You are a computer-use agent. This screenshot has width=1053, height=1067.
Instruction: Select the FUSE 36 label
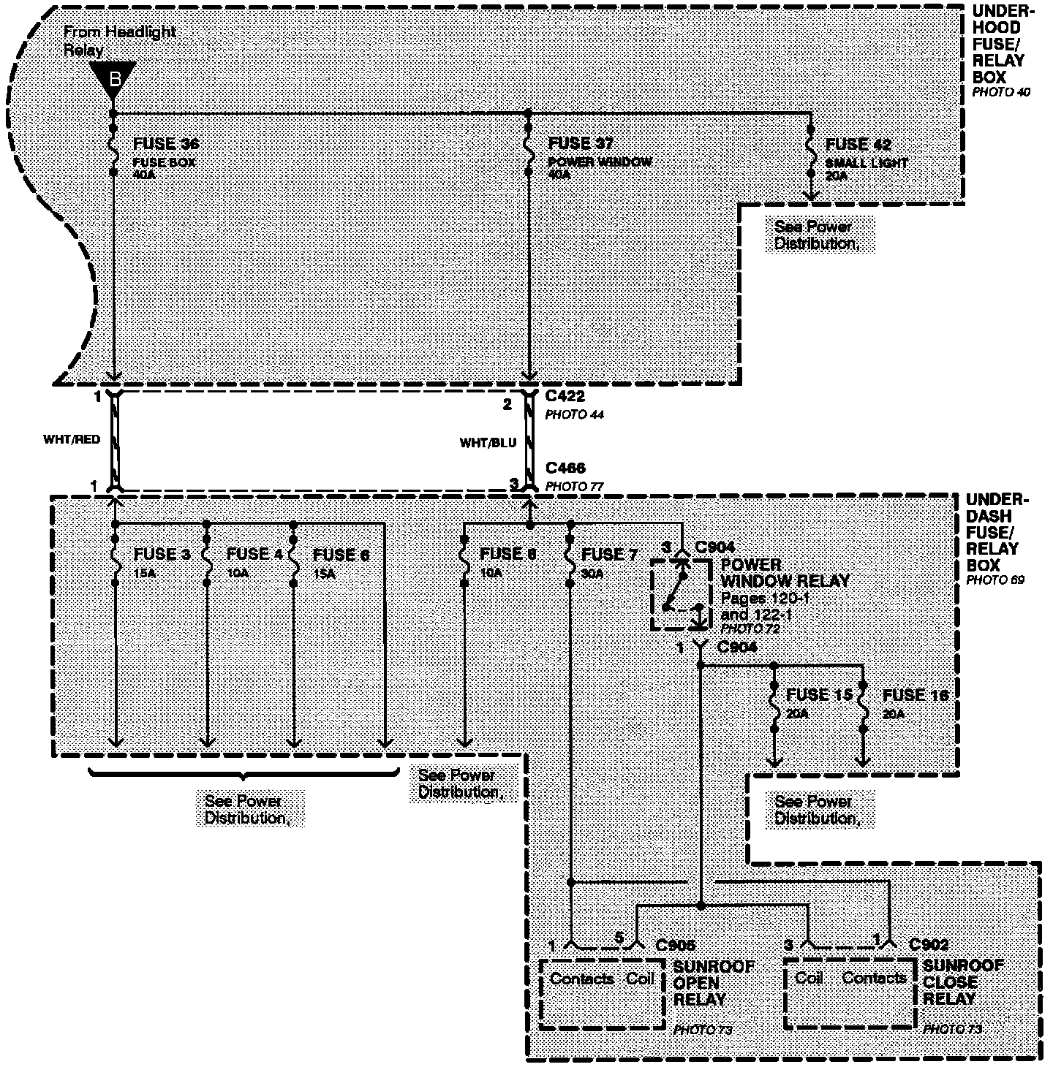166,144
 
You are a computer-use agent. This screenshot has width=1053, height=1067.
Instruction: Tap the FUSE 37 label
581,144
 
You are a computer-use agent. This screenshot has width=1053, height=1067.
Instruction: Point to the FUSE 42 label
858,145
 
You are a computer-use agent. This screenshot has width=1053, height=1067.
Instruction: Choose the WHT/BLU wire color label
488,443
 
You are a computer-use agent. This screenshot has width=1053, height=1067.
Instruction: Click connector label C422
565,398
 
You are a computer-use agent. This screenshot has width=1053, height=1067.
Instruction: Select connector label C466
565,468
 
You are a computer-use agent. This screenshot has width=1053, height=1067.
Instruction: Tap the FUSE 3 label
162,555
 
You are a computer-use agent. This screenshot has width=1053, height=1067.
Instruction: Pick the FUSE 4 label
254,555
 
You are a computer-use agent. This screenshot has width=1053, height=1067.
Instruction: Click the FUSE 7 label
609,555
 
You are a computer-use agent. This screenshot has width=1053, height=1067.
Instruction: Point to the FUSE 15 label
819,695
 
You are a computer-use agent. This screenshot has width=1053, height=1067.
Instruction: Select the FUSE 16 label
915,695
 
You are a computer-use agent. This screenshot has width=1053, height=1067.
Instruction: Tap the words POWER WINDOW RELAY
785,573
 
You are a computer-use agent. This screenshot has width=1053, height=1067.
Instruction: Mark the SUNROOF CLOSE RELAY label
962,982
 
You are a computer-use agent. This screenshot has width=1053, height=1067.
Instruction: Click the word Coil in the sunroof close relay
809,978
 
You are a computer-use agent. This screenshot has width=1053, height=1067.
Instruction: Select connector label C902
929,945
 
